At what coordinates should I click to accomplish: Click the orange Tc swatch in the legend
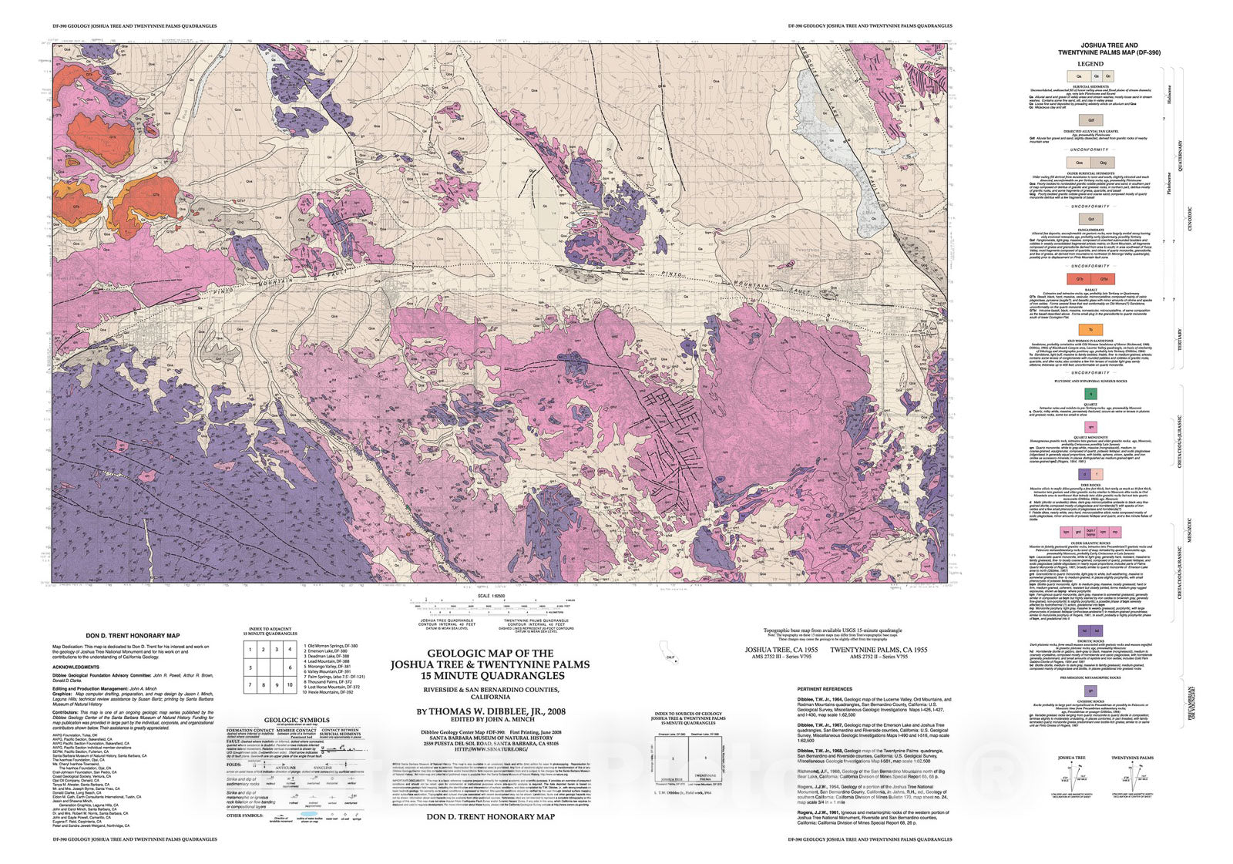tap(1090, 330)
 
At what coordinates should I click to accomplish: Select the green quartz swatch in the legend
tap(1090, 393)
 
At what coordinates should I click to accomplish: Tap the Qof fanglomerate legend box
tap(1090, 220)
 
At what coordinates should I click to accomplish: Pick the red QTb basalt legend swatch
tap(1080, 279)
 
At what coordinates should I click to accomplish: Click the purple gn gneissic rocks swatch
tap(1090, 690)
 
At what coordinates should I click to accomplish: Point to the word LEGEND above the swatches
tap(1090, 64)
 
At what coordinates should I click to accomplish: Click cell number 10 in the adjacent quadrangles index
tap(290, 684)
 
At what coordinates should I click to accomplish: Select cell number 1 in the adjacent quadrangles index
tap(250, 650)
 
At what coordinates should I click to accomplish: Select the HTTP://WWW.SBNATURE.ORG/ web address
tap(491, 748)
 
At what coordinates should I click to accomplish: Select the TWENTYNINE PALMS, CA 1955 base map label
tap(879, 650)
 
